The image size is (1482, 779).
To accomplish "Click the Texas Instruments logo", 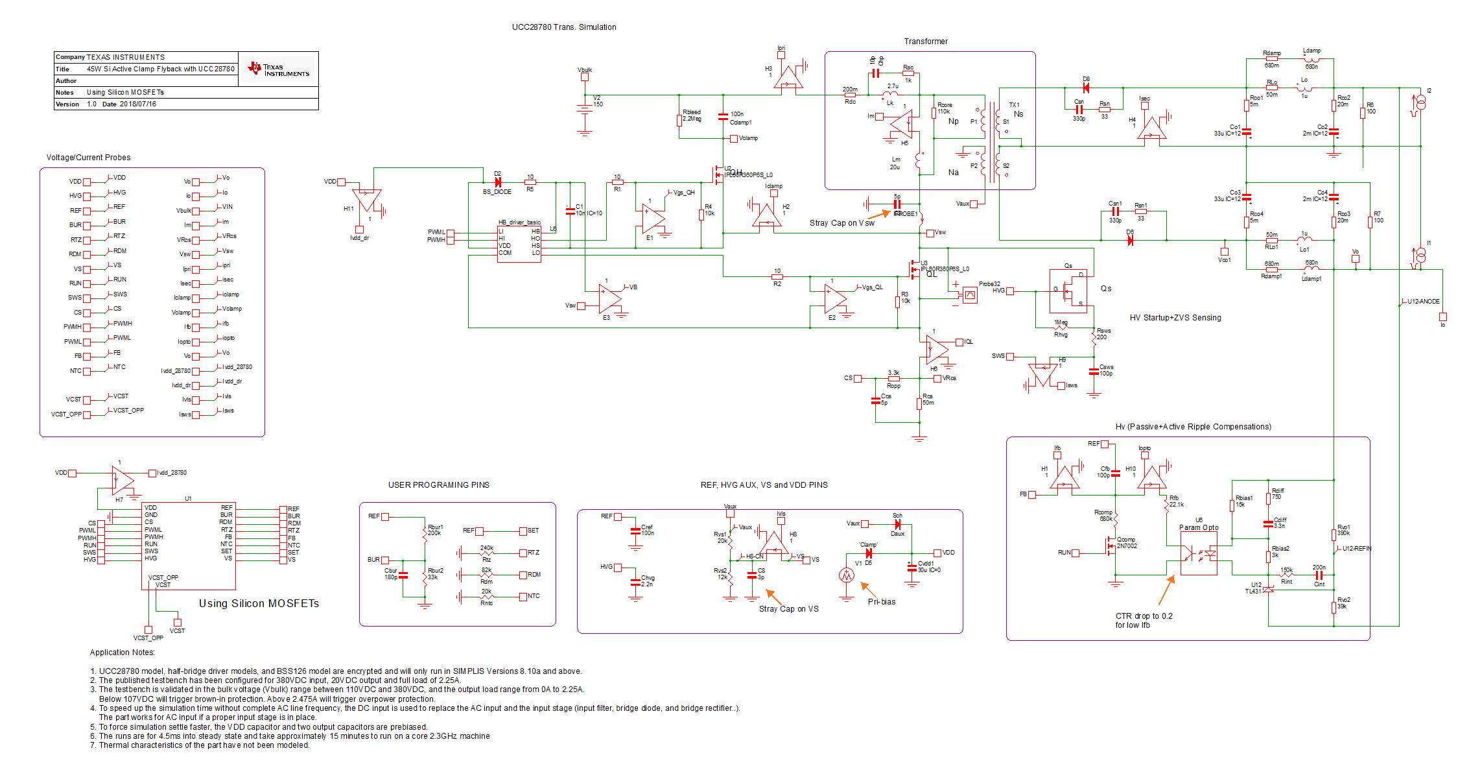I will [x=279, y=69].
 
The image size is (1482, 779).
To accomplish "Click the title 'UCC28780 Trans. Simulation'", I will [x=563, y=27].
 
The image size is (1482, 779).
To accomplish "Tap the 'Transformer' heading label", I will [x=925, y=42].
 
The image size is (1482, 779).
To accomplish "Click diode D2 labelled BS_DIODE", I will [x=497, y=183].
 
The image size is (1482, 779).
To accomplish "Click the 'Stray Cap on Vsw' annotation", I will [x=841, y=223].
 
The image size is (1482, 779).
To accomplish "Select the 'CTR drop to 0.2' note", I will [x=1144, y=616].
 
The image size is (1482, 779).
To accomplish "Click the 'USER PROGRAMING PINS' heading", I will [x=438, y=485].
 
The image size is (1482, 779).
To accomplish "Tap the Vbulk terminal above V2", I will [x=584, y=77].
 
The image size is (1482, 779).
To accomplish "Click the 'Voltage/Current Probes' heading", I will [x=88, y=158].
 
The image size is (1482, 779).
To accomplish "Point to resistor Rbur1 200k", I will [x=425, y=533].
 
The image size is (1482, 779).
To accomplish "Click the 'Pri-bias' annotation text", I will [x=881, y=602].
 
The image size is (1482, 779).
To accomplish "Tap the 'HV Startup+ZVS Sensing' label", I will [x=1175, y=318].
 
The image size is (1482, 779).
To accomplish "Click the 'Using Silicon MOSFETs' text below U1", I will [x=259, y=603].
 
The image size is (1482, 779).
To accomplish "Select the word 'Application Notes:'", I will [x=122, y=653].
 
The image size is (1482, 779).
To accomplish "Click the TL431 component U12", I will [x=1268, y=590].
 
